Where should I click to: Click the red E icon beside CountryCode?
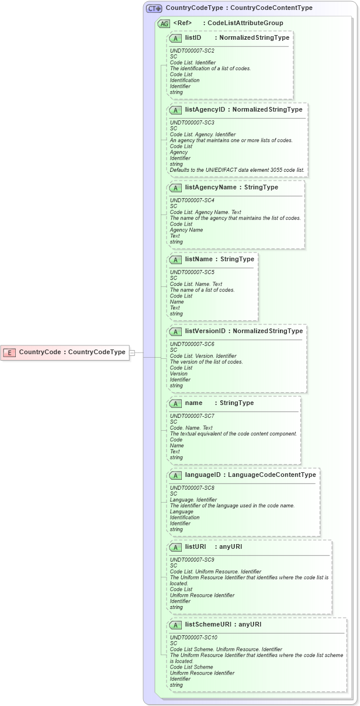pos(9,352)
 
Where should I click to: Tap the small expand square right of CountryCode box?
pos(132,352)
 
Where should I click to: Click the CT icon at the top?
pos(154,9)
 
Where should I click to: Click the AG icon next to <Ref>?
pos(164,23)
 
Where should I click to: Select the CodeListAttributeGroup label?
pos(245,23)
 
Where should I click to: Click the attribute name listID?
pos(193,37)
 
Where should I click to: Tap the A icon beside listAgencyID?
pos(175,109)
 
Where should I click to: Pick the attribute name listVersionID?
pos(205,331)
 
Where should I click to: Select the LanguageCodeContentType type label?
pos(272,475)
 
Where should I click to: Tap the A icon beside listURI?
pos(175,547)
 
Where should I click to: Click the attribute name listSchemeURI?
pos(208,625)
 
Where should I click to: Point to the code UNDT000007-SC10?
pos(193,637)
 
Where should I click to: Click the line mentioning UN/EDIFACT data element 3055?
pos(237,170)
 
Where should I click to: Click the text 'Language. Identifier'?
pos(193,500)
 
